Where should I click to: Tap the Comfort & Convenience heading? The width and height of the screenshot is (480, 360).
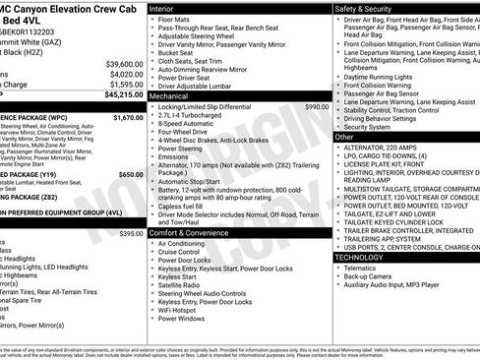click(189, 232)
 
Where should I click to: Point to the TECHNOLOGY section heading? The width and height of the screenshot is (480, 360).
click(359, 257)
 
